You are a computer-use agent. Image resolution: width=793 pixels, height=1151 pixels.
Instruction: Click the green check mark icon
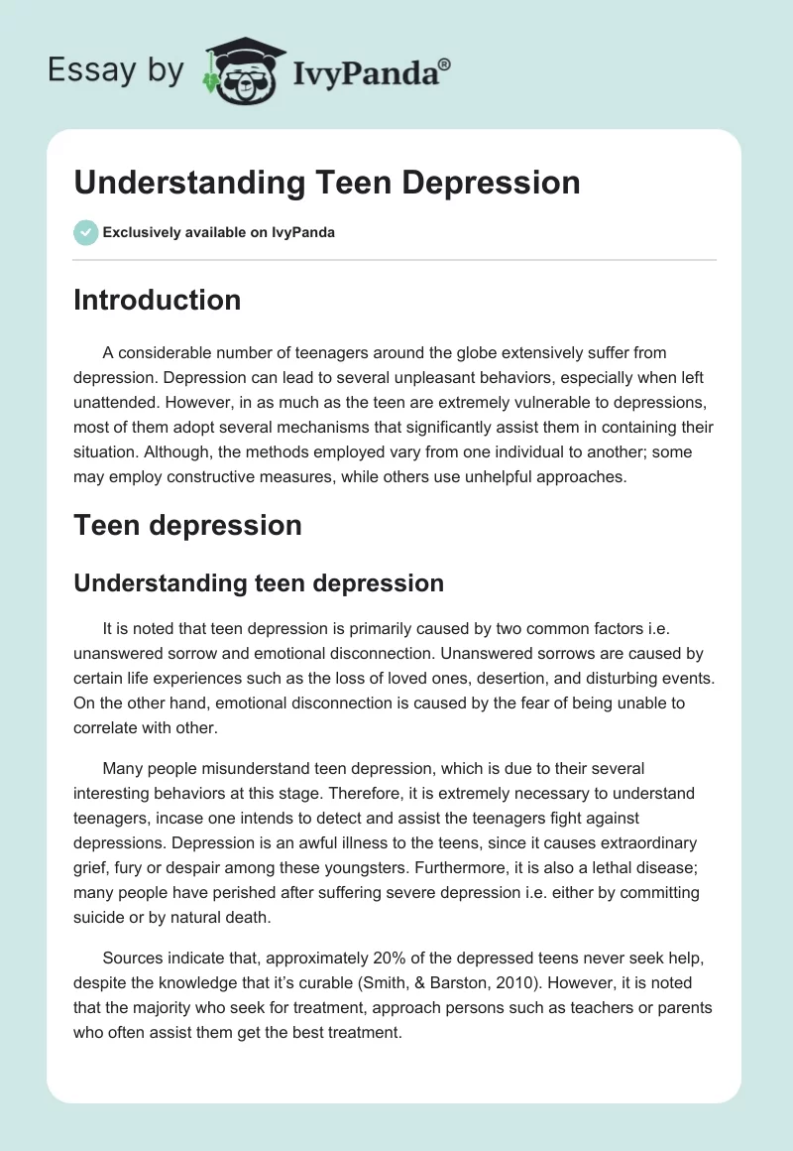click(x=85, y=232)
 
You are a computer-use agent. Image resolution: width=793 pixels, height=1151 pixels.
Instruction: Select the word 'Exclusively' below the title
click(x=141, y=233)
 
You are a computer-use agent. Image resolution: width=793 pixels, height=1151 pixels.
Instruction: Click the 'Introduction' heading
click(x=157, y=300)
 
